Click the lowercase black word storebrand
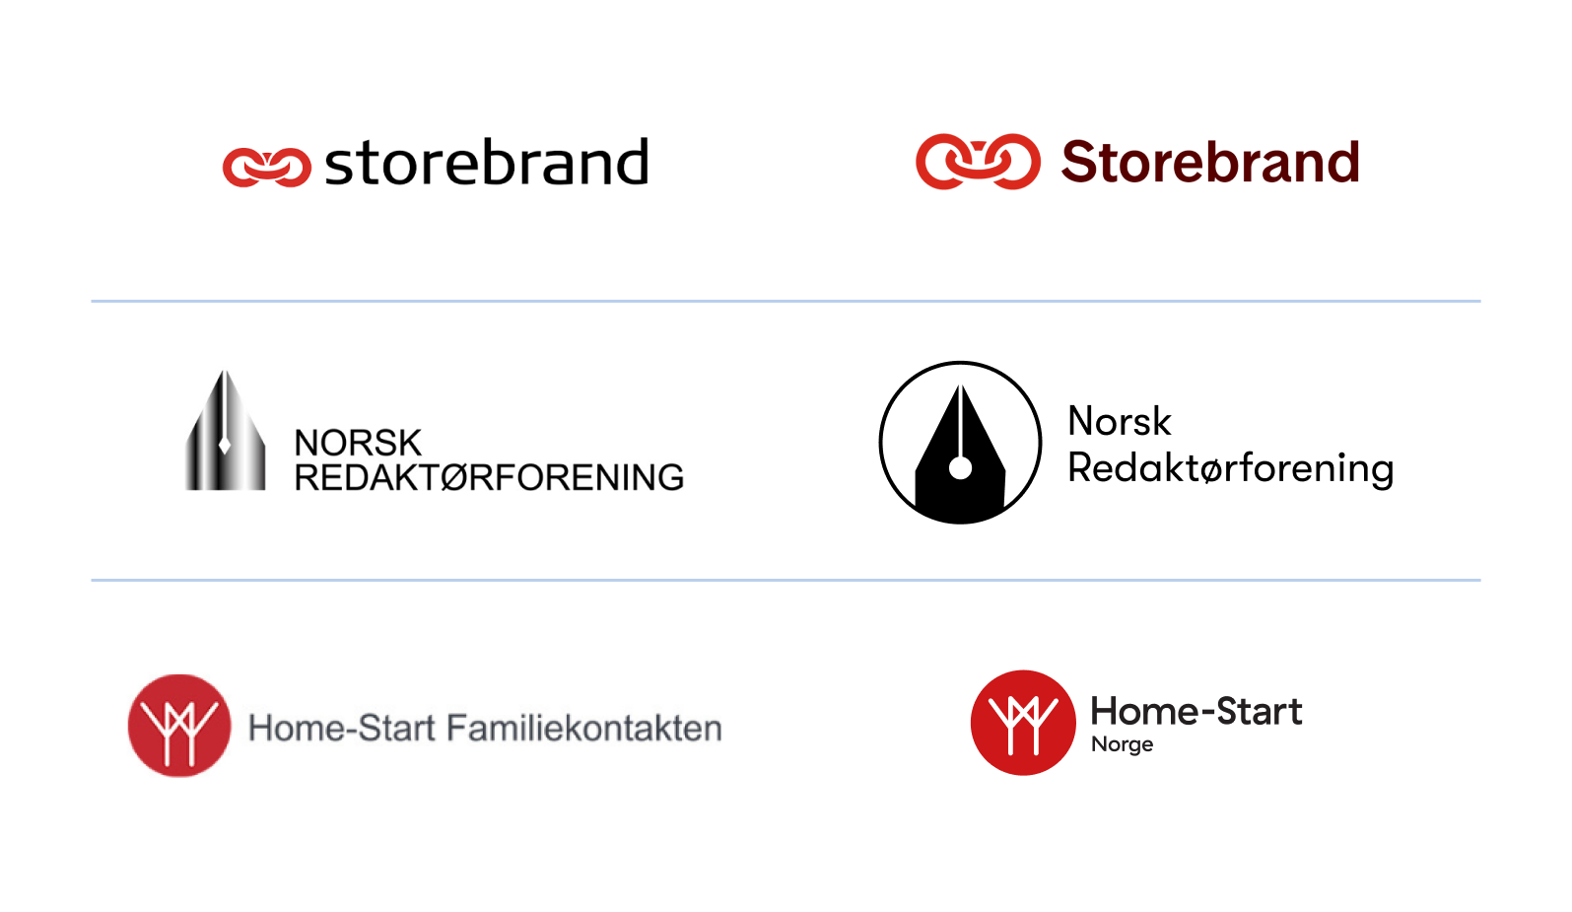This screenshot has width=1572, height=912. [487, 164]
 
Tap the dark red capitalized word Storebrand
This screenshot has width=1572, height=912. [1210, 163]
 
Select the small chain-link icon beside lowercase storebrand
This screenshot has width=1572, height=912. [266, 167]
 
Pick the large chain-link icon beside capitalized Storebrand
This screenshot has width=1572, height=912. [978, 162]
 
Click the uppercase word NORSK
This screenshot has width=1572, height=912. [358, 443]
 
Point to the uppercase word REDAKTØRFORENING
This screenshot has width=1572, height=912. [489, 478]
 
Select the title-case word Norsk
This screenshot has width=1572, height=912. [1120, 422]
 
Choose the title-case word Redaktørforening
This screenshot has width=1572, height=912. [1230, 468]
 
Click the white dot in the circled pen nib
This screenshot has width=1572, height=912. [960, 469]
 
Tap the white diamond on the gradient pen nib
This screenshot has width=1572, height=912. [225, 445]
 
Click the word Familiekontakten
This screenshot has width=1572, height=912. [583, 729]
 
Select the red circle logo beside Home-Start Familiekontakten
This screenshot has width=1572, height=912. [179, 726]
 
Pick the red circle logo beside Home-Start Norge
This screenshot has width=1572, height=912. [1023, 723]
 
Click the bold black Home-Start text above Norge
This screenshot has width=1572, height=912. [1196, 711]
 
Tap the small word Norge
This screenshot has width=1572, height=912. [1122, 744]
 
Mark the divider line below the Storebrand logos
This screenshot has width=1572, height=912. [786, 301]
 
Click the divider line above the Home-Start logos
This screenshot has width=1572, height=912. [786, 580]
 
